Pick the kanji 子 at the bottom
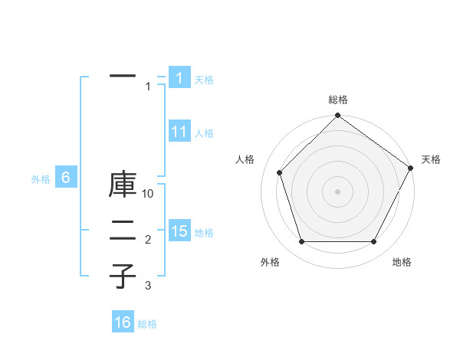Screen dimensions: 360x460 [123, 276]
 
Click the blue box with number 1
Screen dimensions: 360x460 [179, 77]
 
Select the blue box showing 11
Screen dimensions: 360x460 [179, 132]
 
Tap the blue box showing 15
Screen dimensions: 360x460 [179, 231]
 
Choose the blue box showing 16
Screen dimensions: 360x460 [123, 322]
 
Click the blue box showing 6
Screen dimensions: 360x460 [66, 178]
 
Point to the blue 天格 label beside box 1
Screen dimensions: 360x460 [204, 79]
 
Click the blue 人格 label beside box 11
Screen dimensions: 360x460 [204, 133]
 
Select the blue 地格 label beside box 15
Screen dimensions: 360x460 [204, 233]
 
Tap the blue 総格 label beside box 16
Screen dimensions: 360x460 [147, 324]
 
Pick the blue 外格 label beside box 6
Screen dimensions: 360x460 [41, 179]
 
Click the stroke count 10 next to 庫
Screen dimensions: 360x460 [149, 194]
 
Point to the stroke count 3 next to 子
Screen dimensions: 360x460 [149, 286]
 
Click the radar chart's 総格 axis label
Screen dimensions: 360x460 [337, 100]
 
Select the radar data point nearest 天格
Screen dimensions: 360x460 [410, 168]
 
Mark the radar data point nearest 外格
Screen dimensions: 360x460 [301, 242]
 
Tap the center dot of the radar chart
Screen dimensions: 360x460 [337, 191]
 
